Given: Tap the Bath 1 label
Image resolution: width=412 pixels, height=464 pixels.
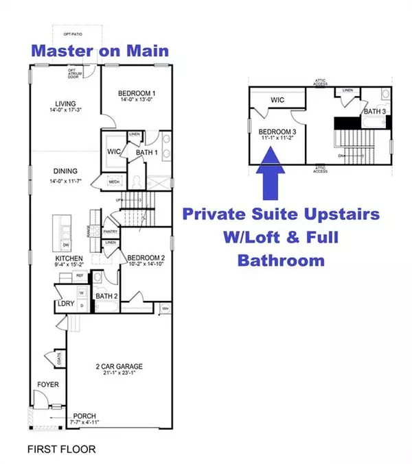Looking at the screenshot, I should coord(144,153).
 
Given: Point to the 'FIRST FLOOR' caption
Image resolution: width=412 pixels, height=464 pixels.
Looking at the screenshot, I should coord(62,449).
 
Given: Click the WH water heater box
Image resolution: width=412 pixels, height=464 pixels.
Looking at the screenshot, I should coord(164,308).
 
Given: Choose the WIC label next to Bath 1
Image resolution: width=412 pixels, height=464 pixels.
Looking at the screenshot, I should coord(114,152).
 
